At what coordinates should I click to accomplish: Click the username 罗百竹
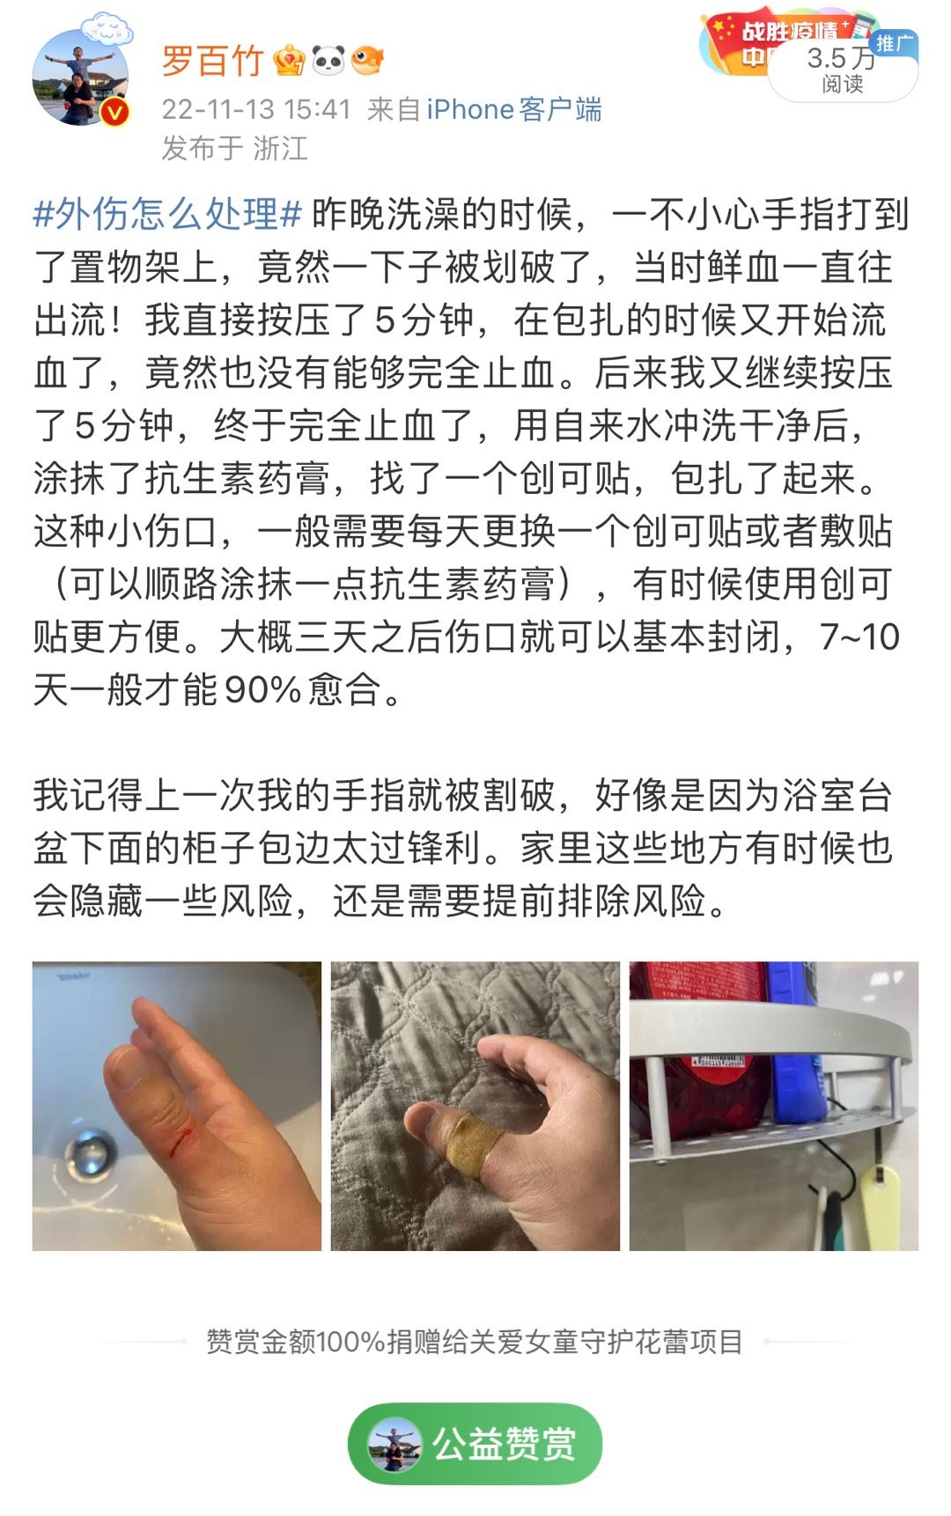[x=212, y=61]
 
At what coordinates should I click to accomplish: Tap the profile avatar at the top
[x=81, y=77]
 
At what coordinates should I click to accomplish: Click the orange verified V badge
[x=115, y=113]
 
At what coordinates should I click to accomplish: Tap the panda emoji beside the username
[x=328, y=61]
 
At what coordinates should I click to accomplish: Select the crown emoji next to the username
[x=289, y=61]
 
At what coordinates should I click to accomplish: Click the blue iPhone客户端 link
[x=514, y=109]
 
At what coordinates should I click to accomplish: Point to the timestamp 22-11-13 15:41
[x=256, y=109]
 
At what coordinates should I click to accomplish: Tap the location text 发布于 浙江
[x=234, y=148]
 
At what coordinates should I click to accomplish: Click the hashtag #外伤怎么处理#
[x=167, y=214]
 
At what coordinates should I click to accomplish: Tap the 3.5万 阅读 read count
[x=842, y=70]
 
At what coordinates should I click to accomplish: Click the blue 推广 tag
[x=894, y=43]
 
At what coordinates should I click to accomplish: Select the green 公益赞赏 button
[x=475, y=1443]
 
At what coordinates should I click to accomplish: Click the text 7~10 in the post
[x=859, y=637]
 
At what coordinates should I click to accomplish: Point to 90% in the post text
[x=263, y=689]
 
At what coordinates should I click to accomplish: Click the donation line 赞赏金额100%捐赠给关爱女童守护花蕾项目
[x=475, y=1342]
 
